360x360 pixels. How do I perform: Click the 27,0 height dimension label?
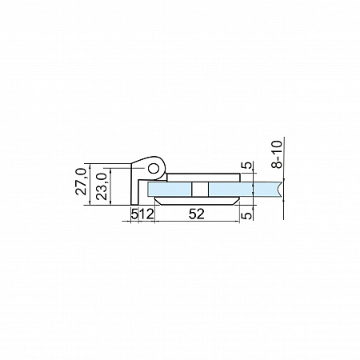(82, 182)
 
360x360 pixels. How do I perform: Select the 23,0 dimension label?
(102, 186)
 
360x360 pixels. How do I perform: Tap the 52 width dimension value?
(197, 214)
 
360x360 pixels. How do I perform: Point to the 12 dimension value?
(146, 214)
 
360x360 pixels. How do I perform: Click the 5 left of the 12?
(135, 214)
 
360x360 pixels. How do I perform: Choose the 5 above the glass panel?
(247, 166)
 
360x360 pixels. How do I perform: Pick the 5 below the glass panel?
(247, 214)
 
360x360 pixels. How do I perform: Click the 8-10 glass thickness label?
(277, 154)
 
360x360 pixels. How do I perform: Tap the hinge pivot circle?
(154, 168)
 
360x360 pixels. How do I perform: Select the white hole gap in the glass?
(200, 190)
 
